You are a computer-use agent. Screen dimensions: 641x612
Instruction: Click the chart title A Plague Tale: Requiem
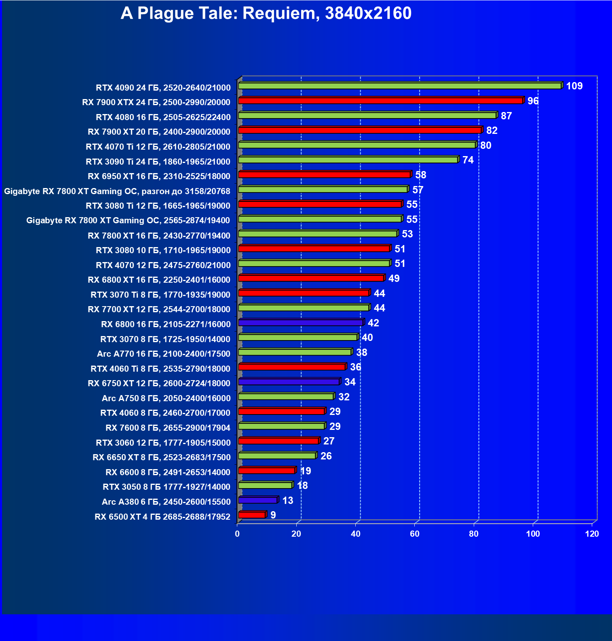click(266, 13)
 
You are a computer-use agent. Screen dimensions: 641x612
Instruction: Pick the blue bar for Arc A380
click(257, 500)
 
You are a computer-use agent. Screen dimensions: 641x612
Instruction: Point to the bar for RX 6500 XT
click(251, 515)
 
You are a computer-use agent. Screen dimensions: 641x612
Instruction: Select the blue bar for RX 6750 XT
click(289, 382)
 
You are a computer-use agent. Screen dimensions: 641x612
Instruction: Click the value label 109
click(574, 86)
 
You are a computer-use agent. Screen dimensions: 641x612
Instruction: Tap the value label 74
click(468, 160)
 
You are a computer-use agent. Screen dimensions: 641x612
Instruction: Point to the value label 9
click(273, 515)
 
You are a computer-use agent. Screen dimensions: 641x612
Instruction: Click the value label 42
click(373, 323)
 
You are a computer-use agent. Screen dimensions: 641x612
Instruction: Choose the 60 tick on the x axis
click(415, 534)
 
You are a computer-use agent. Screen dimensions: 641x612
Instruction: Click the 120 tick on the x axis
click(592, 534)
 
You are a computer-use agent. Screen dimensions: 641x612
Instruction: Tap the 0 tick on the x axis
click(237, 534)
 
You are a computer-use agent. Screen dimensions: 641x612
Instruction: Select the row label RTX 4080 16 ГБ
click(163, 117)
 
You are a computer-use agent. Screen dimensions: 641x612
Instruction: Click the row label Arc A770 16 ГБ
click(163, 354)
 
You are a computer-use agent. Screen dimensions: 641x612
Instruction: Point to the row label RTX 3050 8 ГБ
click(166, 487)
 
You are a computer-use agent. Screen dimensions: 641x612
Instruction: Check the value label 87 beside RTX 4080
click(506, 116)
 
